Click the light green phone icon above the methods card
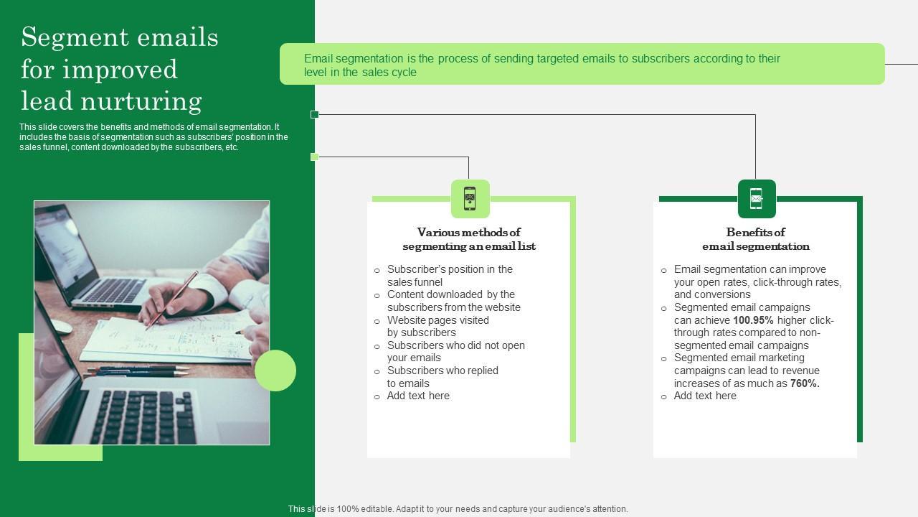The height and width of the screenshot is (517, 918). (470, 199)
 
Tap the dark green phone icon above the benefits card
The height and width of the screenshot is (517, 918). (757, 199)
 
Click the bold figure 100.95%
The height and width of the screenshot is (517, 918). (753, 320)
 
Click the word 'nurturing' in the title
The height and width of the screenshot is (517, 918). (141, 101)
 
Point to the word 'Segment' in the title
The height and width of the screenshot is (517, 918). (75, 37)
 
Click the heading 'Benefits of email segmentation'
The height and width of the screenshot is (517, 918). (756, 239)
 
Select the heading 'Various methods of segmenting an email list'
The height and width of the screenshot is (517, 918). (469, 239)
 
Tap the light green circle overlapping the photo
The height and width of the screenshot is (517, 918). (275, 371)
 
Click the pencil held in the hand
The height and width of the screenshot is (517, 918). (172, 301)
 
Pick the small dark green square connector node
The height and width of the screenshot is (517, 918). (314, 114)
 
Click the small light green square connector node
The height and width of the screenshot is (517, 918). (314, 157)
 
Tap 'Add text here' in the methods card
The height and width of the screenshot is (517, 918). (418, 396)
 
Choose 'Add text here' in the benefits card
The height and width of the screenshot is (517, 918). (705, 396)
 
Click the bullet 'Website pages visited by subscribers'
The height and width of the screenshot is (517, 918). (437, 326)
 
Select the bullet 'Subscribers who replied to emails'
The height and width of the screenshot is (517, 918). (443, 377)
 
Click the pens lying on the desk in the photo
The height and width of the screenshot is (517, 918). (137, 372)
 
